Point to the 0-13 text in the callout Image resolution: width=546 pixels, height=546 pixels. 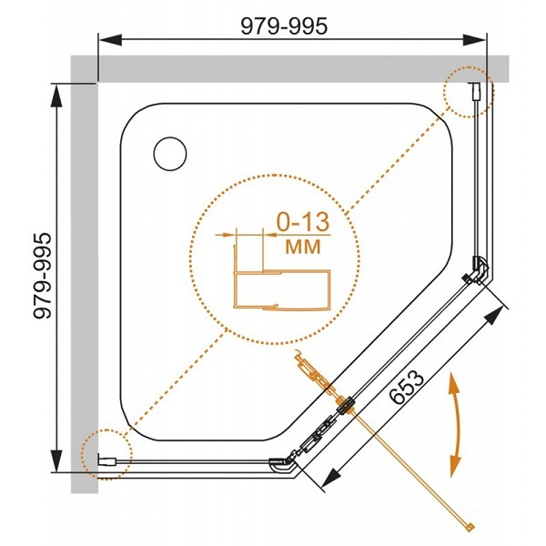[x=296, y=222]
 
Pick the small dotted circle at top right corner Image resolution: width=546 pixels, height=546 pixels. [x=468, y=93]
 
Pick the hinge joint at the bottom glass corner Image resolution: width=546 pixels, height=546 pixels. [x=282, y=464]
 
